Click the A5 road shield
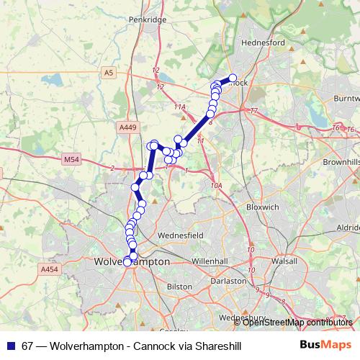click(x=108, y=73)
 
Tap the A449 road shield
click(x=127, y=127)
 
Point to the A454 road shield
click(x=48, y=269)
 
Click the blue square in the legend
click(x=11, y=346)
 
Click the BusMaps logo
click(x=325, y=345)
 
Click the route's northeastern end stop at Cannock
click(x=233, y=78)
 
